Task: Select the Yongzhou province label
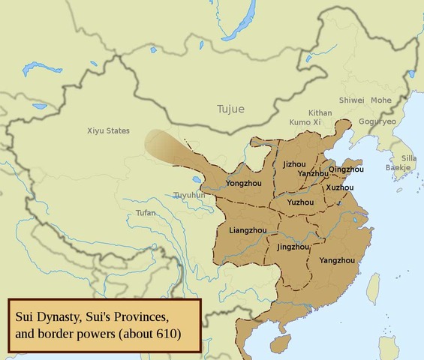(243, 182)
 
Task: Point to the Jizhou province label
(294, 163)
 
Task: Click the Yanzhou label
(313, 173)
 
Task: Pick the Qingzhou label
(346, 169)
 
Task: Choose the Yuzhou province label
(300, 202)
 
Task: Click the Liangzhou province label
(247, 229)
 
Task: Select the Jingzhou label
(293, 246)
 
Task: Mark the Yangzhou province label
(336, 260)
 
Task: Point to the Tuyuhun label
(189, 195)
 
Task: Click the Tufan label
(146, 213)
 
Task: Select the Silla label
(408, 158)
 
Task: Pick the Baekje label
(398, 168)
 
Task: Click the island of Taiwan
(373, 288)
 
